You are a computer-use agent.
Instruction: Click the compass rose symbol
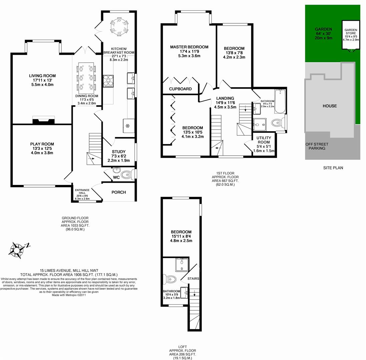(17, 249)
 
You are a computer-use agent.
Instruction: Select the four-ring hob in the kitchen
(108, 81)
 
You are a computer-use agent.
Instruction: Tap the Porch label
(118, 192)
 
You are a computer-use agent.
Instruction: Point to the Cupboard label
(180, 89)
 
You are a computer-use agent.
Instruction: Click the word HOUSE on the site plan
(329, 106)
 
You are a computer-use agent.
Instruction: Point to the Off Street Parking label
(317, 146)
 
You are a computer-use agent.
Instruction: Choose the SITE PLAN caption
(332, 168)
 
